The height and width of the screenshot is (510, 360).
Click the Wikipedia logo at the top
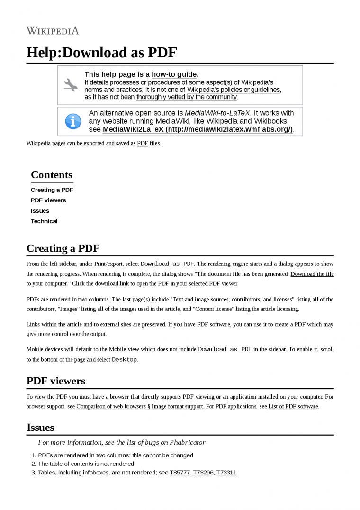53,31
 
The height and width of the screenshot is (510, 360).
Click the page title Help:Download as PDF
101,53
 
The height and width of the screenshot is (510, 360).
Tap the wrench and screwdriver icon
71,84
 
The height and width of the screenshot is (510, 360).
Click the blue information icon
72,121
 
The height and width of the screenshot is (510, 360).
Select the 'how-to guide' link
174,74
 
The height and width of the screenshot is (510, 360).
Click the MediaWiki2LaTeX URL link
198,129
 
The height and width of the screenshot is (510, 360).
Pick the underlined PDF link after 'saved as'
142,143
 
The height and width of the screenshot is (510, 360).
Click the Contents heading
52,175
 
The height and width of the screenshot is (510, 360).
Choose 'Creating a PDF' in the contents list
52,190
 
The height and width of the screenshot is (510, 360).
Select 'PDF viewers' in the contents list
48,200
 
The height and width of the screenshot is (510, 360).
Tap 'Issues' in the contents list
40,211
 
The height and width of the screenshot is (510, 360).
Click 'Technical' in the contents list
44,221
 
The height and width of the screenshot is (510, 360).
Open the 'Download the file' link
312,274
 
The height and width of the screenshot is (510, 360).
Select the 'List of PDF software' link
293,407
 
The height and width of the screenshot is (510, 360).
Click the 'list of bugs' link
143,443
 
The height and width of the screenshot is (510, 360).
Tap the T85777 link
180,473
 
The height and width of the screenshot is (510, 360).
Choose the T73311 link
226,473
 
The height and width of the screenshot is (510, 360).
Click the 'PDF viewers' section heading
56,381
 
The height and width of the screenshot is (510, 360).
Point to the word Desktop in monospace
124,360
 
